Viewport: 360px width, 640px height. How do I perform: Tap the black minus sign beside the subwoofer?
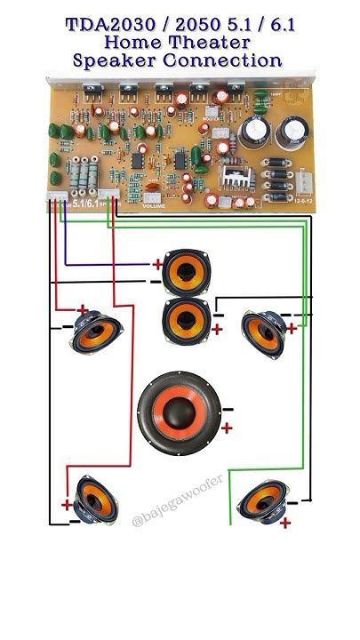click(228, 409)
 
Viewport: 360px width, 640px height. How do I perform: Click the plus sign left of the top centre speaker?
click(156, 263)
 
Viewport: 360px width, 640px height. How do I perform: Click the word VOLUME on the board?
click(156, 205)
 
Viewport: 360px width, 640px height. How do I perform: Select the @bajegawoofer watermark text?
click(176, 515)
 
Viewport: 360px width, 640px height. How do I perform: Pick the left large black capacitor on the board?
click(252, 133)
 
